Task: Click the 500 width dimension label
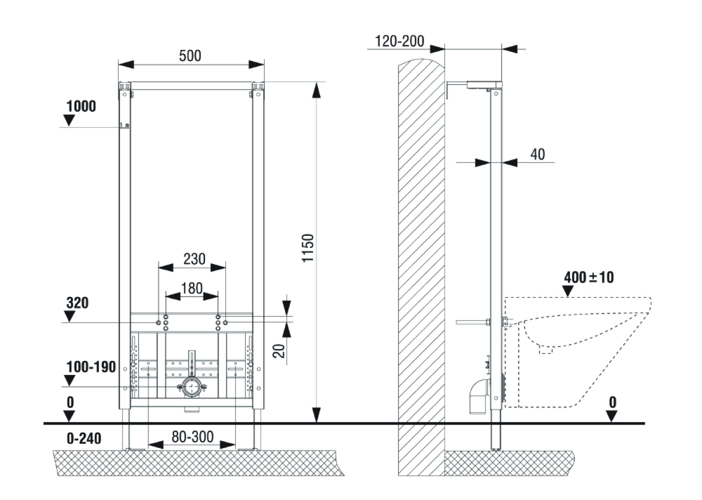190,55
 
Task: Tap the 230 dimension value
194,259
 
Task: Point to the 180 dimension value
191,288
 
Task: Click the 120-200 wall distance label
399,41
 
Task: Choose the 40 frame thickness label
537,154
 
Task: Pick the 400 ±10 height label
588,277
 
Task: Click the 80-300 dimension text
192,437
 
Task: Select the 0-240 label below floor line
84,438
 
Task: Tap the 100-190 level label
91,367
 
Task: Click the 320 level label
77,303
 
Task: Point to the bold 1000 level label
81,106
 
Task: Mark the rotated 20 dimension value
280,350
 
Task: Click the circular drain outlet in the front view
190,387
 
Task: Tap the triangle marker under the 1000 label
69,120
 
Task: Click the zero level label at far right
612,402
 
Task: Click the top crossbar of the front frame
191,85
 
